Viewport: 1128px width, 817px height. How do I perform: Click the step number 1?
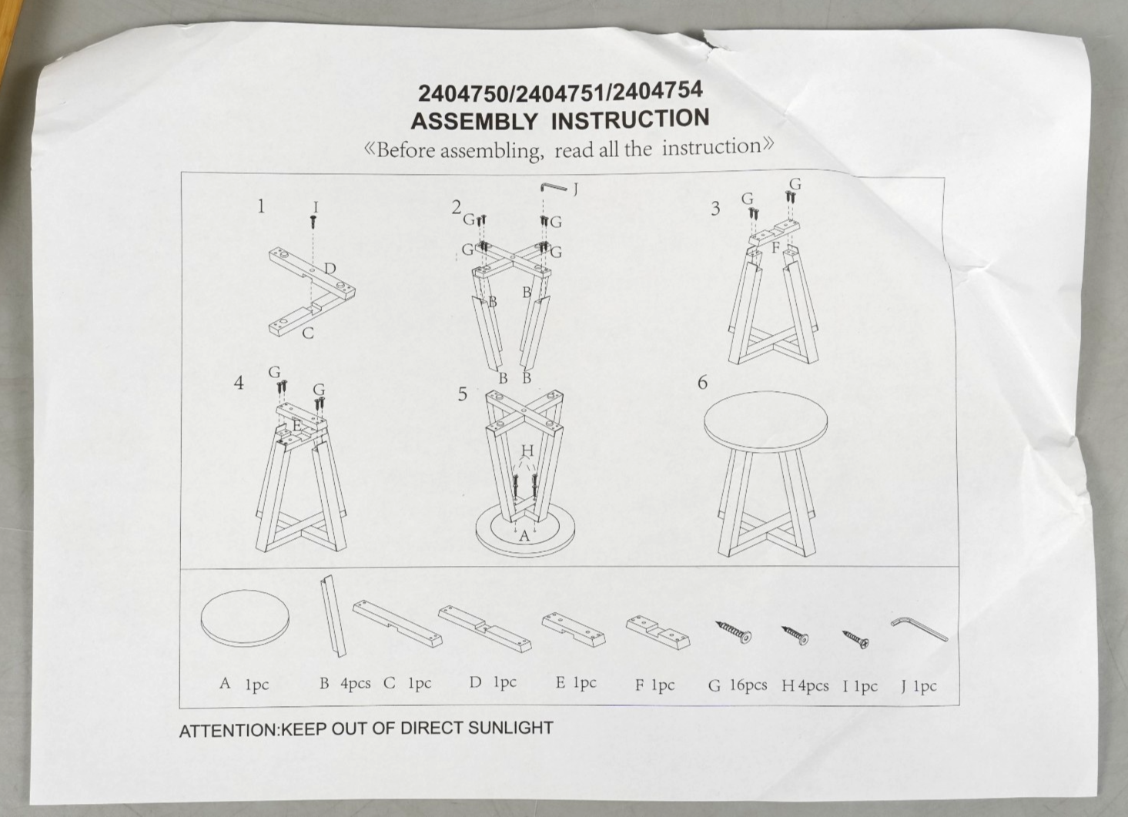[x=261, y=206]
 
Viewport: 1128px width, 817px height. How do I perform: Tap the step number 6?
[x=702, y=383]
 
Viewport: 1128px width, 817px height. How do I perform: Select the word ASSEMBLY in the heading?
[x=474, y=122]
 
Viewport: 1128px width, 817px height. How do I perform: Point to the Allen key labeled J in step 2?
[x=554, y=187]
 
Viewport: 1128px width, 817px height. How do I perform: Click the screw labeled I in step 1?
[x=313, y=221]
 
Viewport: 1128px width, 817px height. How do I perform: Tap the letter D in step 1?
[x=330, y=269]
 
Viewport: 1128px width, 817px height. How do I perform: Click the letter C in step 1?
[x=308, y=333]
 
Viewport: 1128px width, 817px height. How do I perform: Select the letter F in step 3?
[x=775, y=248]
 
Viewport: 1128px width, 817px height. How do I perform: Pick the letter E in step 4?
[x=297, y=425]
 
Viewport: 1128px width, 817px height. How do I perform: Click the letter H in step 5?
[x=527, y=450]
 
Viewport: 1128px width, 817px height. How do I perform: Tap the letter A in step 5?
[x=524, y=536]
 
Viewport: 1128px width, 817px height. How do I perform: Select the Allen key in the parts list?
[x=919, y=629]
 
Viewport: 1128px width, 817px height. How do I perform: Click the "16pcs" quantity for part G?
[x=749, y=685]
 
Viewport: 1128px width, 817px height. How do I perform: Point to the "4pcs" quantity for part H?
[x=813, y=686]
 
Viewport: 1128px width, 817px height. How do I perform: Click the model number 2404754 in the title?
[x=658, y=91]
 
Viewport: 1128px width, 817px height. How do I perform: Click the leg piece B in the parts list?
[x=333, y=616]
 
